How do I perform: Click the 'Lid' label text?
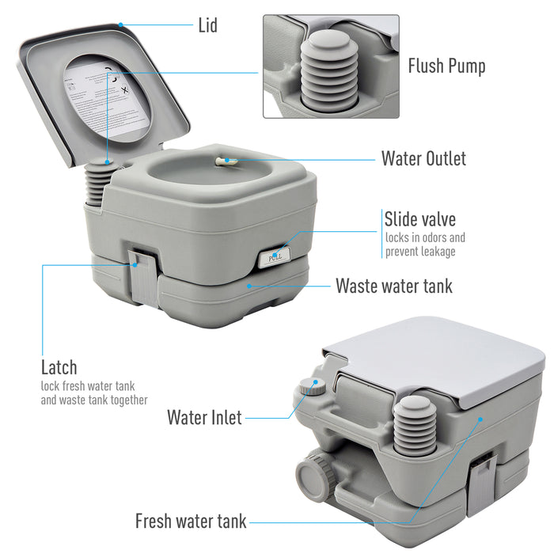point(207,26)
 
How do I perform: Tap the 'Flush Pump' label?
point(446,65)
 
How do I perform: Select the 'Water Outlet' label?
point(423,158)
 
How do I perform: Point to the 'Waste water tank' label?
point(394,285)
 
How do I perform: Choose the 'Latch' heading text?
point(59,367)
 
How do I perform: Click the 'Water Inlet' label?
point(204,417)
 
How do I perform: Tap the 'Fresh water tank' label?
point(191,522)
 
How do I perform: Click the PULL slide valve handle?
point(275,256)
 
